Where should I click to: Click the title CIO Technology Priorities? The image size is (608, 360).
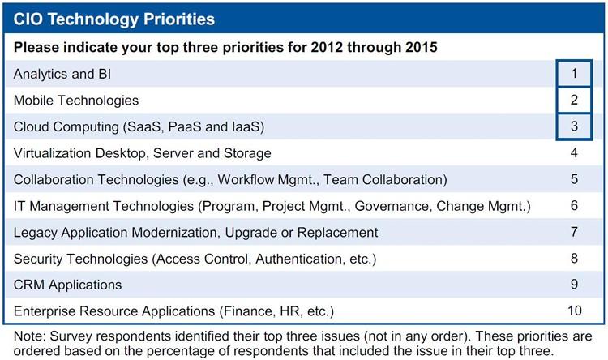tap(114, 19)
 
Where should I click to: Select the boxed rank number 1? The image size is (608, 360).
tap(574, 73)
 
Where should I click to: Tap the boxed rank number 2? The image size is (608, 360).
tap(574, 100)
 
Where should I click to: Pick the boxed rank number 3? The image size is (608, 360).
tap(574, 126)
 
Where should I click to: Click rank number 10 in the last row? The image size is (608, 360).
tap(575, 311)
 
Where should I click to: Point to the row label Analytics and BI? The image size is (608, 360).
tap(62, 74)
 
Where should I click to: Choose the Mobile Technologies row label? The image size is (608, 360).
tap(76, 101)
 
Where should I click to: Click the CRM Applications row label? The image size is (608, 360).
tap(67, 285)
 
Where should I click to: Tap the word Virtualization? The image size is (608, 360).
tap(53, 153)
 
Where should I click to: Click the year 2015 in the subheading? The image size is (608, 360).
tap(422, 47)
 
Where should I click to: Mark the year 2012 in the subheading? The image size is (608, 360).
tap(327, 47)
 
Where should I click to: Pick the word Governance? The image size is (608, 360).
tap(393, 206)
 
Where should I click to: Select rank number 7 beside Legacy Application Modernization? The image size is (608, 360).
tap(574, 232)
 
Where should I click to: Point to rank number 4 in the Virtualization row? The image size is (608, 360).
tap(574, 152)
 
